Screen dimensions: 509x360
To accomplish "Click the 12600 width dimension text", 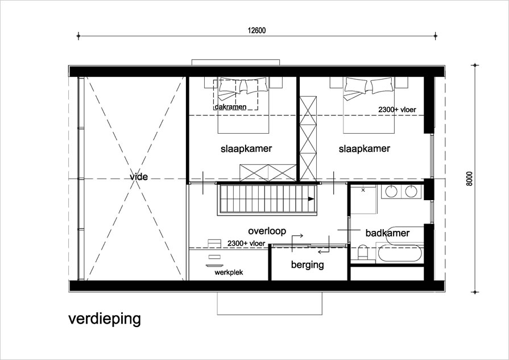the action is tap(256, 31).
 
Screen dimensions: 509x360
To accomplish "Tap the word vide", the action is tap(139, 177).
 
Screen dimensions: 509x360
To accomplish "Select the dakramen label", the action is tap(230, 107).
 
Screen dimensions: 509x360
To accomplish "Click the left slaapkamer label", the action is tap(246, 149).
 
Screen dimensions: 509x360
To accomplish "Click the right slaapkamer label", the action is tap(364, 149).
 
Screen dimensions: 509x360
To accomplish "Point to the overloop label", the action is tap(267, 231).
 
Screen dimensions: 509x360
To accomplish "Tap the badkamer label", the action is tap(387, 233).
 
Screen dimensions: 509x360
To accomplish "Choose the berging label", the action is tap(308, 265).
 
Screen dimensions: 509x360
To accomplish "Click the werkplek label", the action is tap(229, 272).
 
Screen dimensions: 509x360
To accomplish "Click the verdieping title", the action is tap(105, 319).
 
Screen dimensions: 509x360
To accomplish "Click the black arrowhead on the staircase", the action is tap(311, 198).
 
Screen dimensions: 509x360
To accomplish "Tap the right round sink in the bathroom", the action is tap(411, 191).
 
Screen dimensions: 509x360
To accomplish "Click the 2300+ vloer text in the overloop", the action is tap(246, 243).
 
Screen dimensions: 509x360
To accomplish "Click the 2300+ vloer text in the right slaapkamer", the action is tap(397, 110).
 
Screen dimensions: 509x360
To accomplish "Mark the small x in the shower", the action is tap(363, 190).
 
